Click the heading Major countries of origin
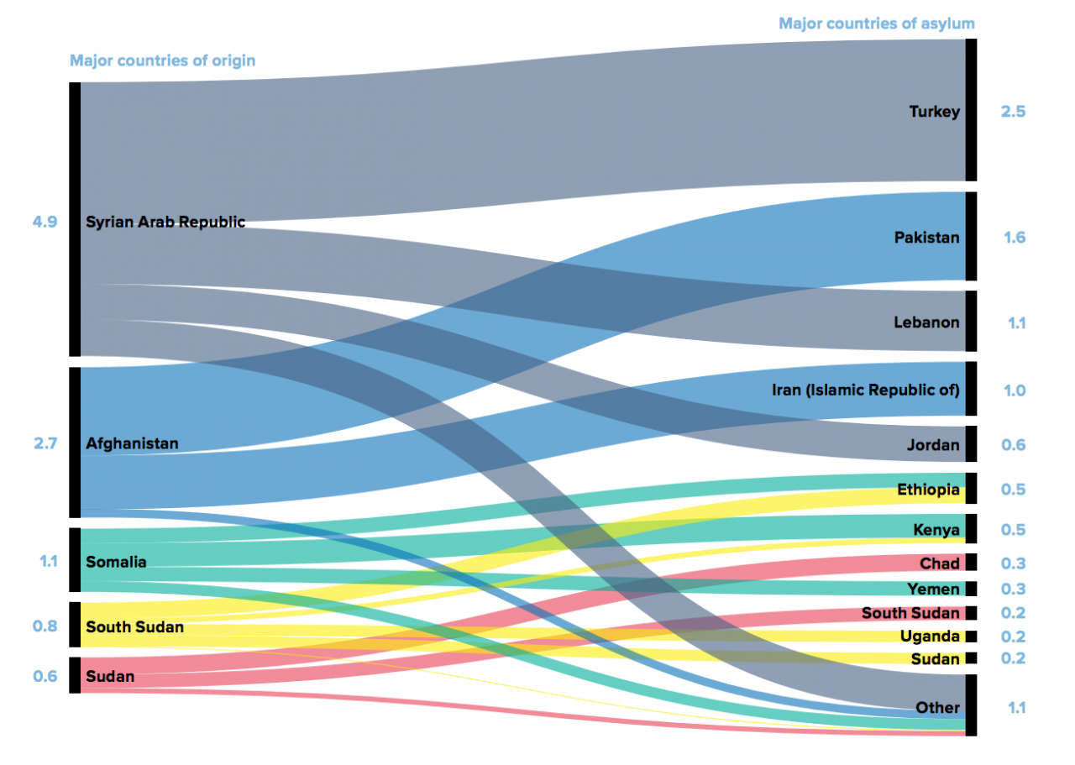162,60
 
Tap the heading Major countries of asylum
877,24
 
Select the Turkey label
934,112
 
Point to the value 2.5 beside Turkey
1013,112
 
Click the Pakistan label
926,238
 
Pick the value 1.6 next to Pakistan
1014,238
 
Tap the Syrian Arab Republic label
165,223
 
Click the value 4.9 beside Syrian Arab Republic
45,223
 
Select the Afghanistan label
132,443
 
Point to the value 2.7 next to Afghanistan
45,443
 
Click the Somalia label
116,562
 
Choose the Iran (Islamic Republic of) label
865,390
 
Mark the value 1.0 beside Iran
1014,390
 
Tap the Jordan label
933,445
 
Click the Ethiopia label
928,490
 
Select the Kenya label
936,530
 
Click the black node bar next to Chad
971,562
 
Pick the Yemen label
933,589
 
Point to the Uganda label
930,637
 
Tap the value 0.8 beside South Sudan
45,626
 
